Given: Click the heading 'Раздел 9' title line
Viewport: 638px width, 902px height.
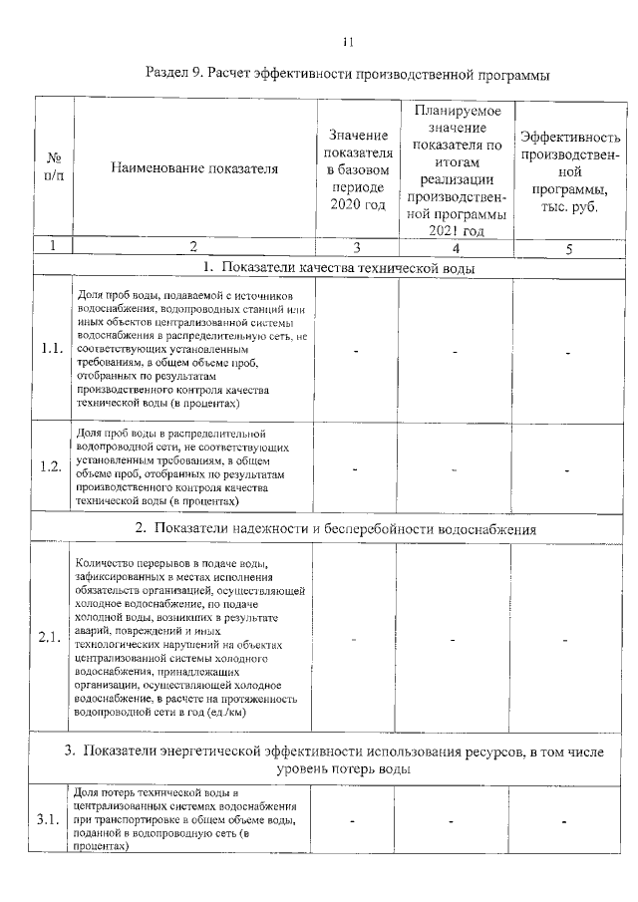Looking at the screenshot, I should (347, 75).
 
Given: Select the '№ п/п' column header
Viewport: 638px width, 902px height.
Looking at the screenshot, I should (54, 168).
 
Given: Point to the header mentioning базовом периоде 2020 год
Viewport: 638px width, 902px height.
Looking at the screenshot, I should (357, 168).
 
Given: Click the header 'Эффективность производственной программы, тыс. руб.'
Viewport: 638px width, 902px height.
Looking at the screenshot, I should (568, 168).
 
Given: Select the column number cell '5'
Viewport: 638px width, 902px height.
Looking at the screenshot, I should (568, 247).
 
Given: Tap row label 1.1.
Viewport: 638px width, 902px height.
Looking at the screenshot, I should (53, 350).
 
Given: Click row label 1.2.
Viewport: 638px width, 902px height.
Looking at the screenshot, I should (53, 465).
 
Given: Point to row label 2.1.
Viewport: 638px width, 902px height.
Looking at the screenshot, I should (53, 638).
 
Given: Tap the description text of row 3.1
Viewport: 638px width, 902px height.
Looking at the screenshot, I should (183, 819).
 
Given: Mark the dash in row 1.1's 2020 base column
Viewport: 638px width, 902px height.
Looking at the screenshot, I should (357, 351).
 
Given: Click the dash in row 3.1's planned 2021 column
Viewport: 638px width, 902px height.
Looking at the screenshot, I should (453, 820).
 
